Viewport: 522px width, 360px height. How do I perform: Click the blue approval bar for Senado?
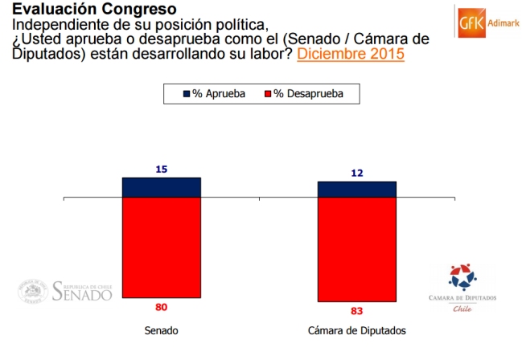point(161,187)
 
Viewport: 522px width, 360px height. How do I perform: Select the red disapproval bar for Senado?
point(161,247)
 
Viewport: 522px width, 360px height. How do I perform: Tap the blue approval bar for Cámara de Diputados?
point(357,190)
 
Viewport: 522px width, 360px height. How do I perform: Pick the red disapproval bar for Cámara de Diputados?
point(357,249)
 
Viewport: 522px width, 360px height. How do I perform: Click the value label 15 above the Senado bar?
point(161,170)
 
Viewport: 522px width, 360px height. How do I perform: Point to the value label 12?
point(357,173)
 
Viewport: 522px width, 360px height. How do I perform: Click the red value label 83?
point(357,310)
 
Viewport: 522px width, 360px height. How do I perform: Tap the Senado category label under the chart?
point(161,330)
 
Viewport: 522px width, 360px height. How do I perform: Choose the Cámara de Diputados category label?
point(357,330)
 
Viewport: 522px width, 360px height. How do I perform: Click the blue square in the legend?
point(187,94)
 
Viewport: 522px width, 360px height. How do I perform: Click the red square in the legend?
point(268,94)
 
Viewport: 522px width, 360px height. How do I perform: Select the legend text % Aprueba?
point(219,94)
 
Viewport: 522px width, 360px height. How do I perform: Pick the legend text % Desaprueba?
point(308,94)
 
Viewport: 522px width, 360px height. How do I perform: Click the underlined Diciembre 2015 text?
point(351,55)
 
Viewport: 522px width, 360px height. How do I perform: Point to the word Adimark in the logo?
point(502,22)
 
